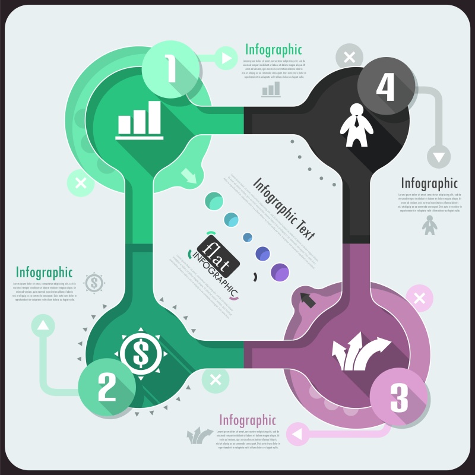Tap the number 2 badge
coord(107,388)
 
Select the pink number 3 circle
coord(399,398)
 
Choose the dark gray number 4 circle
coord(385,88)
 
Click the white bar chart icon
coord(140,120)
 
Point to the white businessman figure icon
coord(356,125)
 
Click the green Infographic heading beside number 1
coord(274,49)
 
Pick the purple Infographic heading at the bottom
coord(248,420)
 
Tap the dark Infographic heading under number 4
coord(429,183)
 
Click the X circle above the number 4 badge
coord(350,58)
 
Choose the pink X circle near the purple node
coord(420,299)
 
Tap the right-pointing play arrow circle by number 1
coord(226,58)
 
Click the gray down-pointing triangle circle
coord(439,157)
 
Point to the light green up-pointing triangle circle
coord(43,325)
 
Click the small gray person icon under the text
coord(429,225)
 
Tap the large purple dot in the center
coord(280,273)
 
